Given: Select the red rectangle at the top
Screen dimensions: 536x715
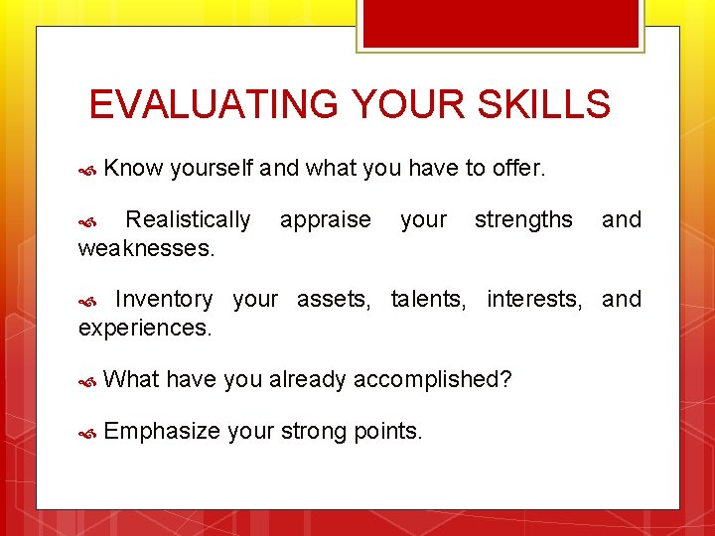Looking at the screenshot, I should point(500,23).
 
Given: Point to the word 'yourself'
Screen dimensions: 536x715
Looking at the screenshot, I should point(213,169).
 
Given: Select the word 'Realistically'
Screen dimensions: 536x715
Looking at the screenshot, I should point(188,219).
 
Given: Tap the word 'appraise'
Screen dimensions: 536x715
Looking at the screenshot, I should point(325,219).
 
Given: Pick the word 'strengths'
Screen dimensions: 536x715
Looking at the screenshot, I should point(523,219).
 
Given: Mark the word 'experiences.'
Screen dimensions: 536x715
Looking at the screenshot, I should point(145,327).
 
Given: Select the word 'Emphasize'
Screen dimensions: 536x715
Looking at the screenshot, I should point(161,431).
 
